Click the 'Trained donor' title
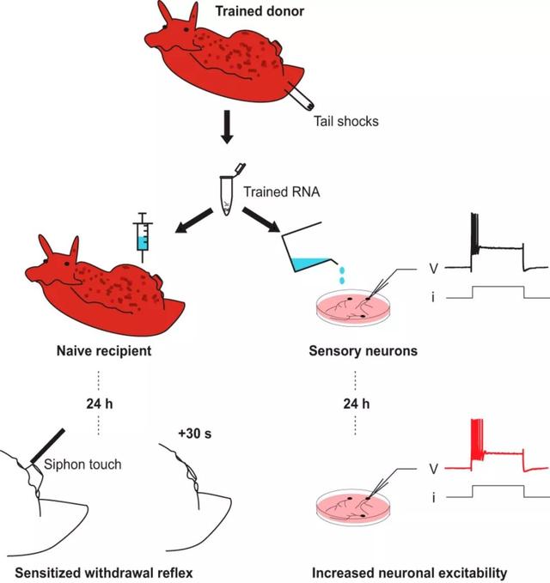click(x=260, y=11)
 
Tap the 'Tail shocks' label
click(x=345, y=121)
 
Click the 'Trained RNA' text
click(x=281, y=191)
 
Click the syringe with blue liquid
click(x=143, y=238)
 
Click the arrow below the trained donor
click(x=227, y=126)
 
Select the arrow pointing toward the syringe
click(x=193, y=222)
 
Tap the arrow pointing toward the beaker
click(x=261, y=220)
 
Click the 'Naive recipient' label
click(x=104, y=350)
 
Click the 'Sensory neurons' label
click(x=363, y=350)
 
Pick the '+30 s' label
click(x=194, y=434)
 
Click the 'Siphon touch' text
click(x=82, y=465)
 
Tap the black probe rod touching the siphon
click(x=47, y=446)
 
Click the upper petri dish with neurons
click(x=353, y=307)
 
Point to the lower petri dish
click(x=353, y=507)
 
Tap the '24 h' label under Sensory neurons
click(x=356, y=404)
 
